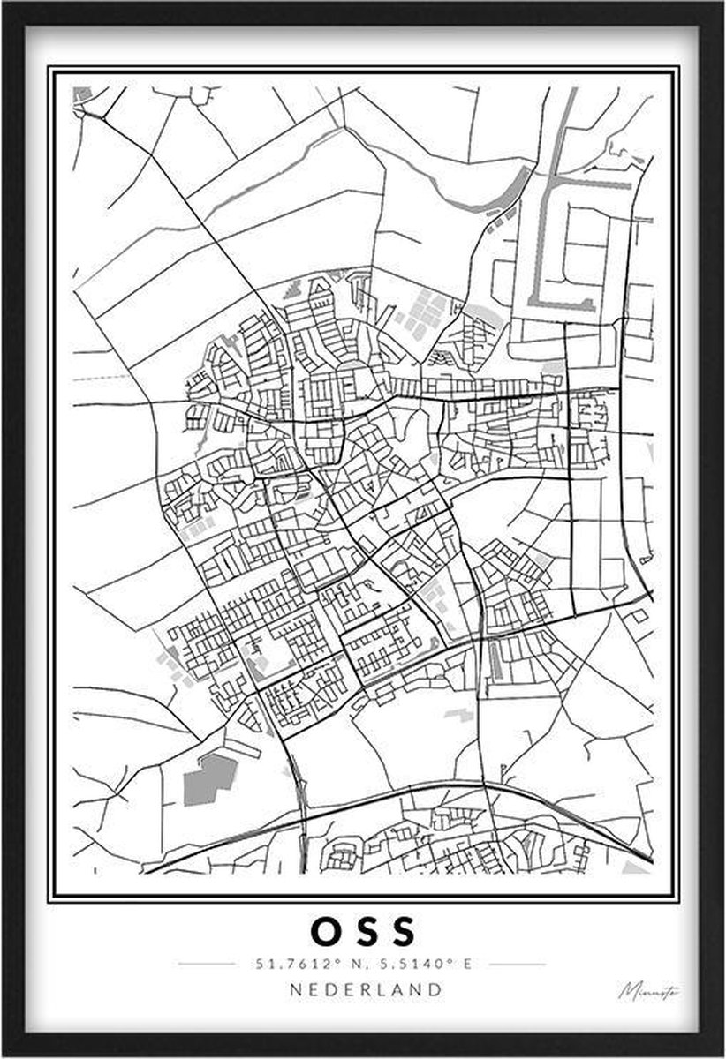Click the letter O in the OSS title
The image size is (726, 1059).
[324, 931]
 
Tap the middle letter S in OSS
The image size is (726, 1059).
[364, 931]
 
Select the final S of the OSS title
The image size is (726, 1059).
[403, 931]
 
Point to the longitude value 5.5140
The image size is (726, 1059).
[414, 964]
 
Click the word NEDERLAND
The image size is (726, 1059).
[366, 989]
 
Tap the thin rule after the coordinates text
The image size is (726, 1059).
[518, 964]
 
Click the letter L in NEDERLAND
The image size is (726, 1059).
[382, 989]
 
